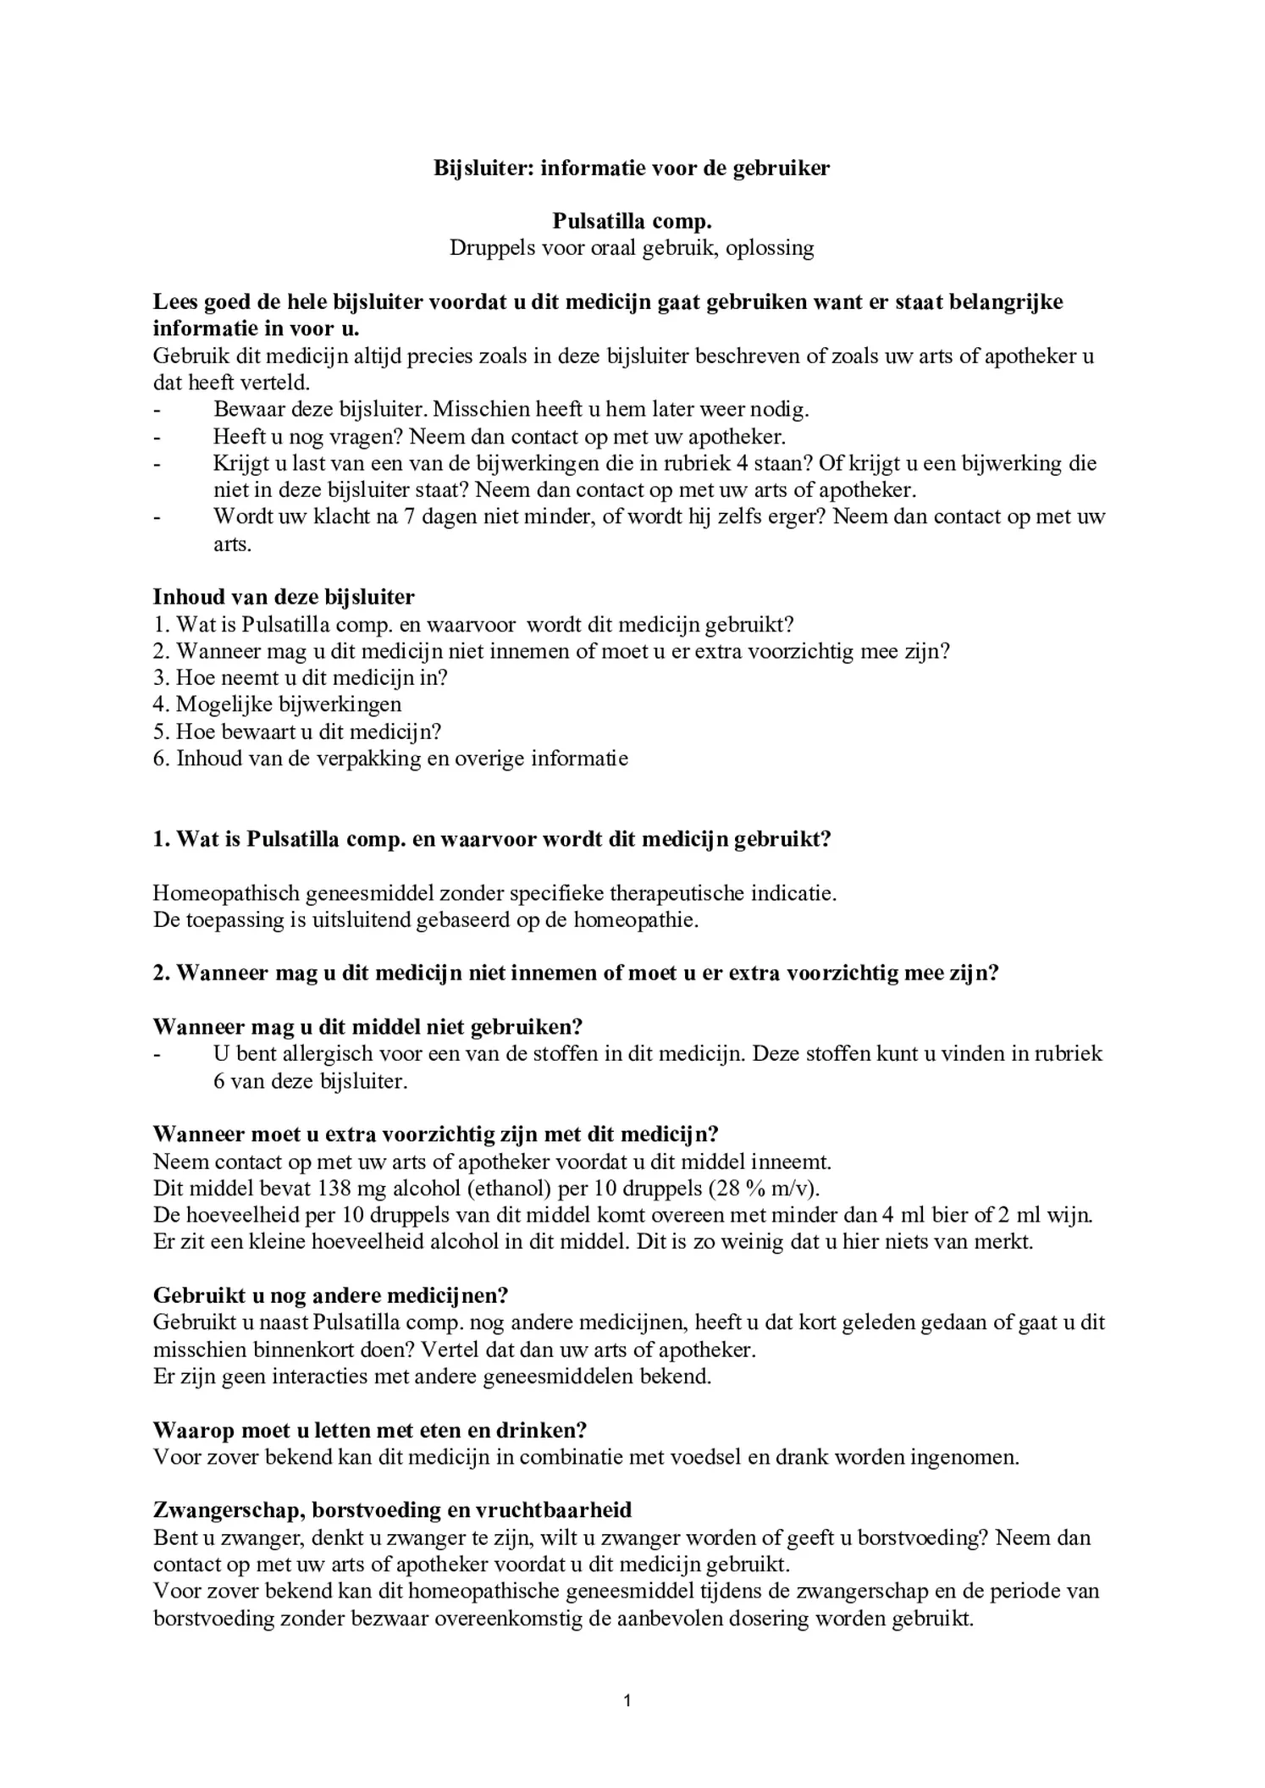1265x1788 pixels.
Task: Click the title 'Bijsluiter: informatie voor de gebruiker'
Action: tap(632, 168)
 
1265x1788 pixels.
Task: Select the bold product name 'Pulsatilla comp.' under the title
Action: tap(632, 221)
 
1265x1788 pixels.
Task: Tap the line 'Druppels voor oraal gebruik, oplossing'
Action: tap(632, 248)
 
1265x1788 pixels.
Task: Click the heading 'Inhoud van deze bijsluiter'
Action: tap(284, 597)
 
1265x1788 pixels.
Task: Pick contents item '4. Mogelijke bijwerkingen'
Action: tap(278, 704)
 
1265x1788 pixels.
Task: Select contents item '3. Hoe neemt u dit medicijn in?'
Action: tap(300, 677)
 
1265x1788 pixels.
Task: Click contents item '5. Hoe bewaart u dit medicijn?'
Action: tap(297, 731)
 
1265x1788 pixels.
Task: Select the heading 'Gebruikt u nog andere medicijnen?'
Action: tap(330, 1295)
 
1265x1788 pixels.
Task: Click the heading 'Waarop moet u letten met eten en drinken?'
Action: tap(370, 1430)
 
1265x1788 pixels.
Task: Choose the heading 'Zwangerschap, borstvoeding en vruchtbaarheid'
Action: tap(392, 1509)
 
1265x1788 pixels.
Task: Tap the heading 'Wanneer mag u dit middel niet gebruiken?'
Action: tap(367, 1027)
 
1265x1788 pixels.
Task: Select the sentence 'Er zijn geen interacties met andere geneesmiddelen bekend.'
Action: tap(432, 1376)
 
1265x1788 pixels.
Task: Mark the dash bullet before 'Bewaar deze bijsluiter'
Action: tap(157, 410)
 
